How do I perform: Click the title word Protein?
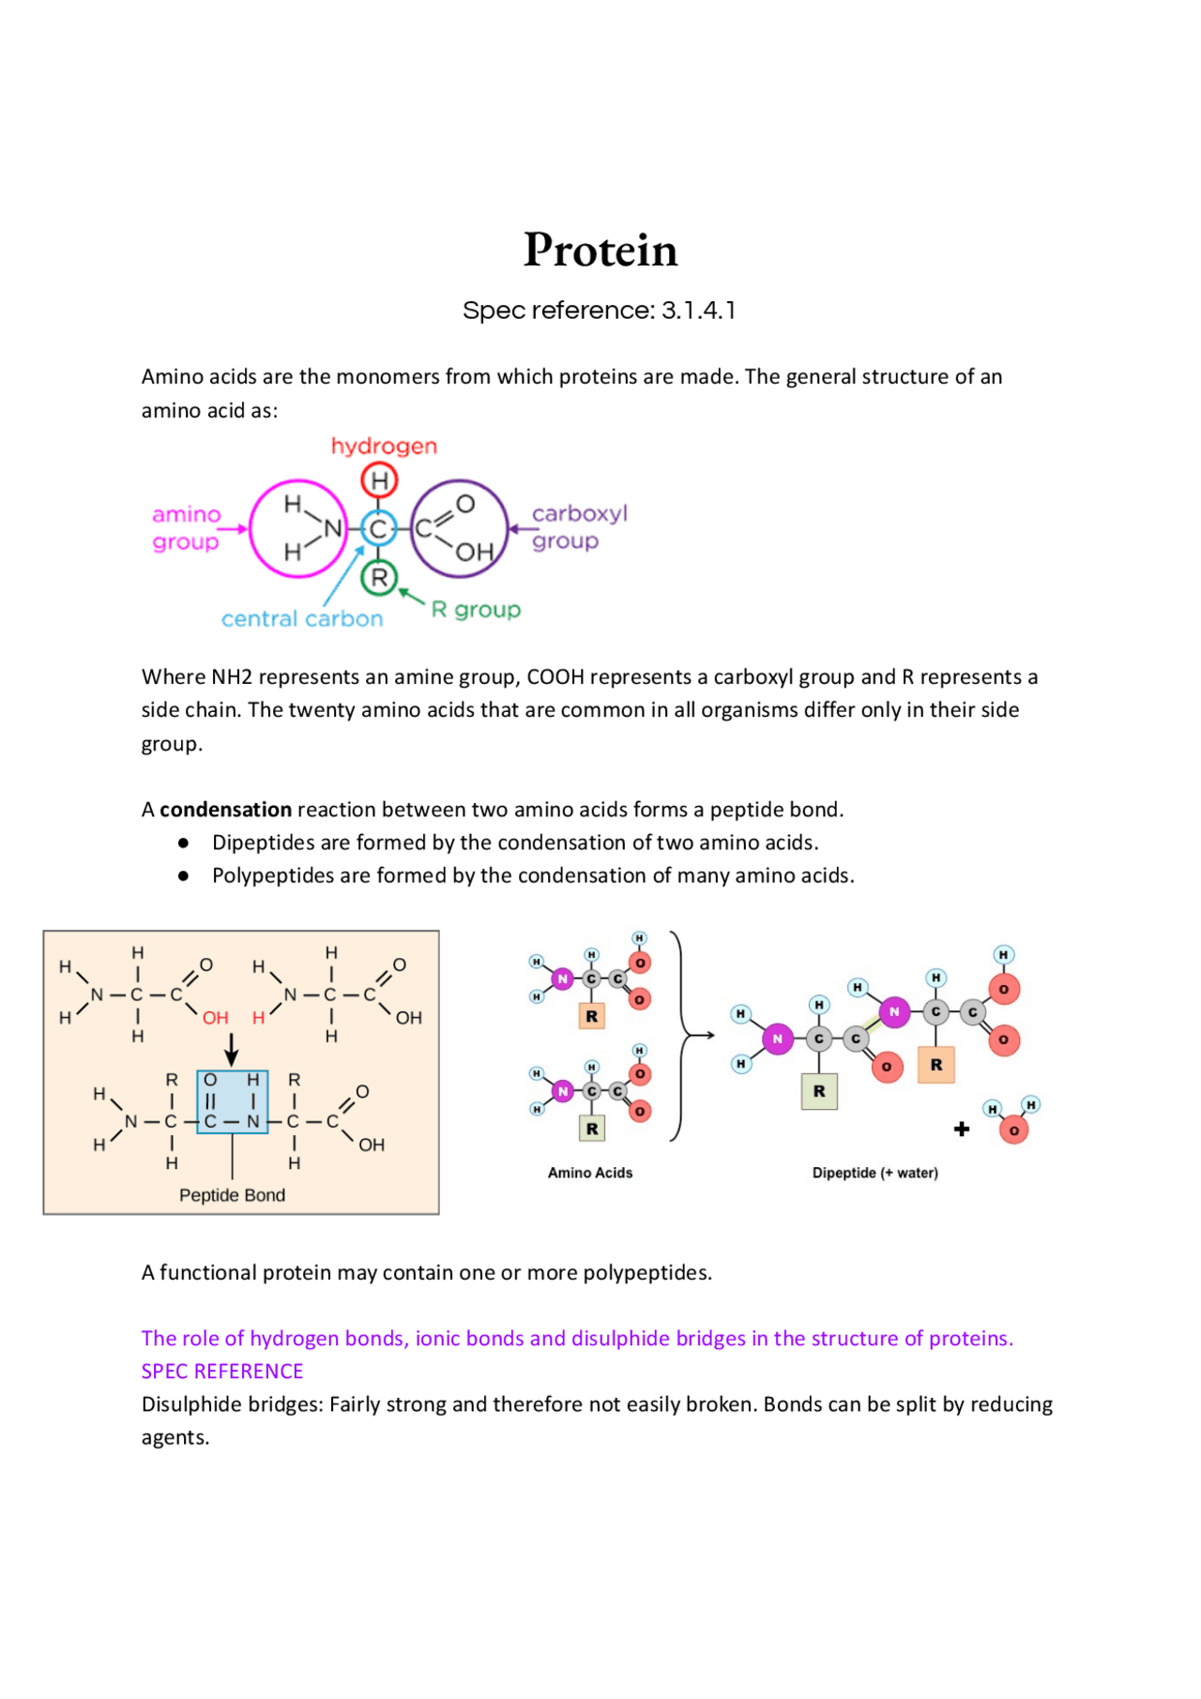click(600, 250)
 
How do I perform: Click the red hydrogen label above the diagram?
click(384, 446)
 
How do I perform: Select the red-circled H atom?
click(379, 481)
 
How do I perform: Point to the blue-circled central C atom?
click(378, 529)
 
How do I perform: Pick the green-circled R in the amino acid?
click(379, 578)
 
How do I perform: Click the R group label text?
click(476, 610)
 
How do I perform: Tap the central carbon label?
click(302, 619)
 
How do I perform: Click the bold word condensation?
click(225, 810)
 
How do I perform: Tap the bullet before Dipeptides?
click(184, 843)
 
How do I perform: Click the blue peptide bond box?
click(232, 1101)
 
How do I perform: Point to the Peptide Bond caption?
click(232, 1195)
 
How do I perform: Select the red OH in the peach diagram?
click(216, 1018)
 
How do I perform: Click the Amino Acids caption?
click(590, 1173)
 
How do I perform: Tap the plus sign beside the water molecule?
click(962, 1129)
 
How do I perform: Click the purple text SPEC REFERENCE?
click(222, 1372)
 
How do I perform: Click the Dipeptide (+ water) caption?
click(874, 1173)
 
